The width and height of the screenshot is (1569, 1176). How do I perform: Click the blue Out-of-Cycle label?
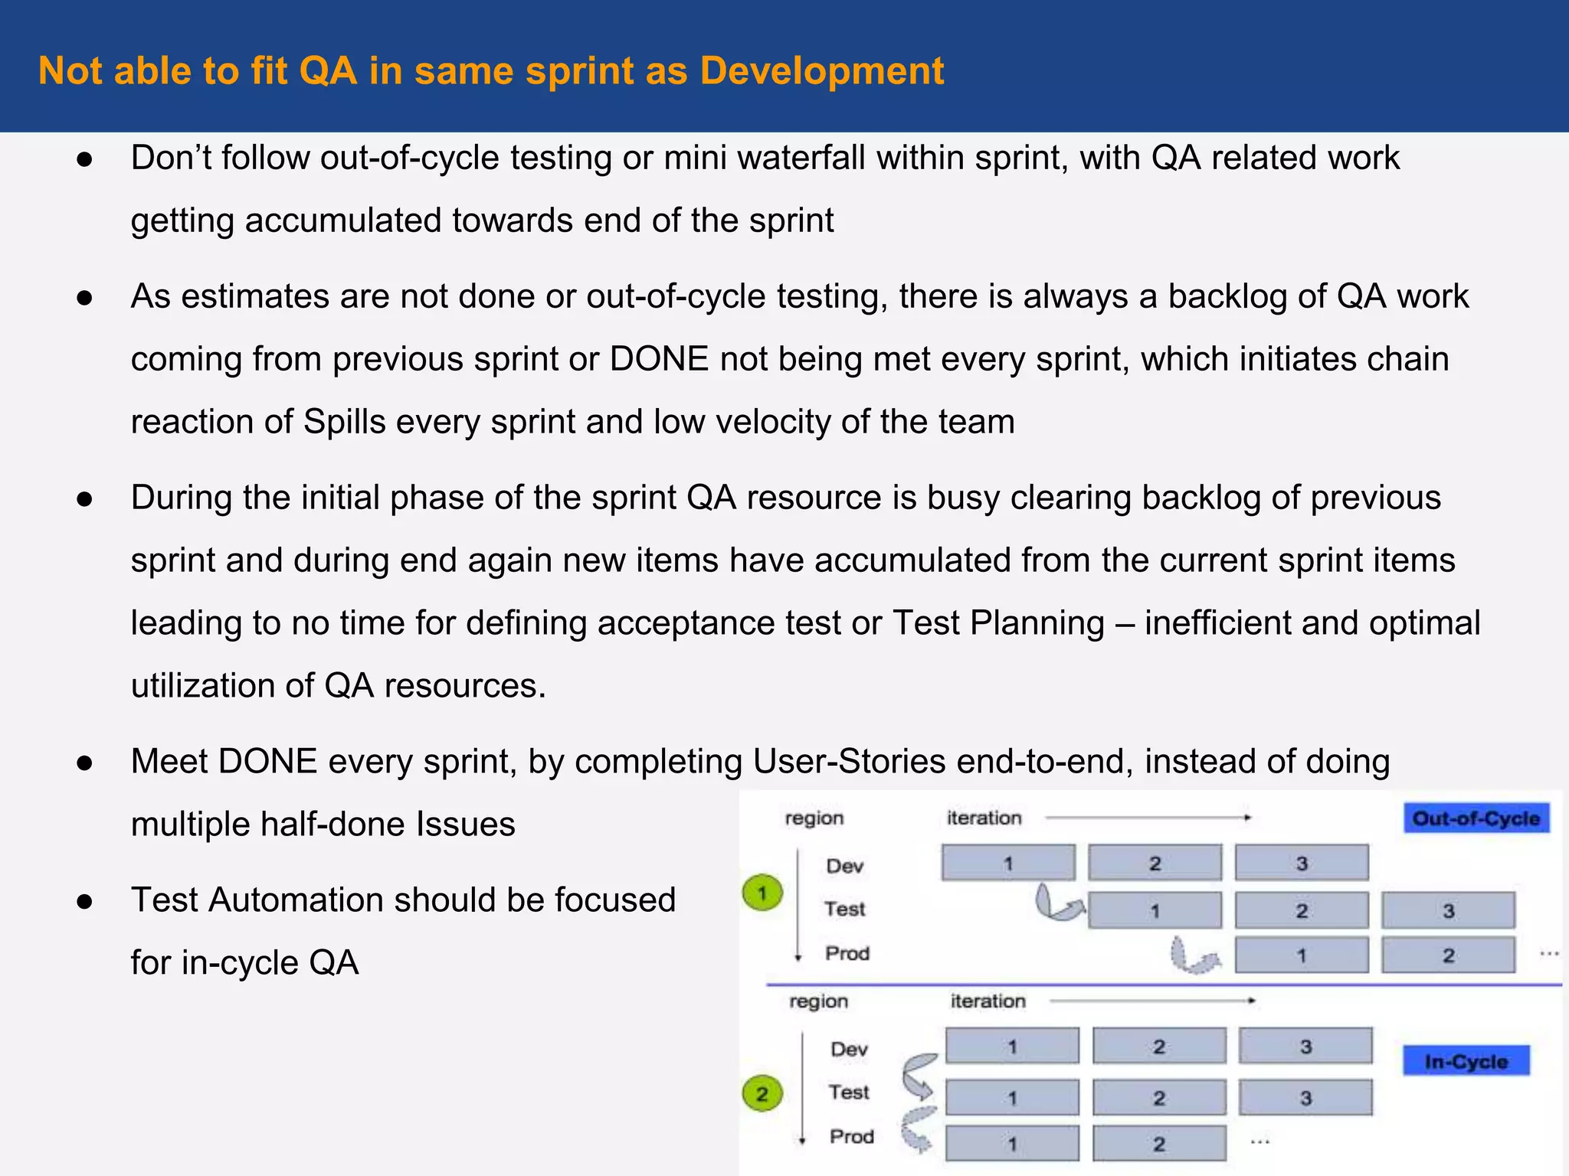point(1476,818)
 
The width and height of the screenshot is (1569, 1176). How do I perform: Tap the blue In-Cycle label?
point(1466,1061)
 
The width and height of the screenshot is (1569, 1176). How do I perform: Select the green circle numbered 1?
point(762,893)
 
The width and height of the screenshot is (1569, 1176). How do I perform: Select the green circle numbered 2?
point(762,1093)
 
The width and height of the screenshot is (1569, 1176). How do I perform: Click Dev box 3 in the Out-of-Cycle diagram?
point(1301,863)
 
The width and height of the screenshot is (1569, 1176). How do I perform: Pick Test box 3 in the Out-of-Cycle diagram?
point(1448,910)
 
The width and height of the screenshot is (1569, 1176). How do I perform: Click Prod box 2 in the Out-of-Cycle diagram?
point(1448,955)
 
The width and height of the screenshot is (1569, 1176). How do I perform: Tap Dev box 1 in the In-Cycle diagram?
point(1011,1047)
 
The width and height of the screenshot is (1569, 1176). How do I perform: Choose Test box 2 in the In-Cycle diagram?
point(1158,1098)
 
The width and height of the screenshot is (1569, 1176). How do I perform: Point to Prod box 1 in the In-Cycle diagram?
point(1011,1144)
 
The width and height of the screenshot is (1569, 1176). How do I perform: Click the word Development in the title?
point(821,71)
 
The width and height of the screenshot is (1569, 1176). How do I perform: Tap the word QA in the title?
point(328,71)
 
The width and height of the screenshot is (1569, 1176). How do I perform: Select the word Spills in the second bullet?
point(344,422)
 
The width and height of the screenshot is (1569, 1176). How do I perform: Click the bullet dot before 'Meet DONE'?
point(85,763)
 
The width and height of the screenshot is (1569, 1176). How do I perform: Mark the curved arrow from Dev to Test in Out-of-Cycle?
point(1057,903)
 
